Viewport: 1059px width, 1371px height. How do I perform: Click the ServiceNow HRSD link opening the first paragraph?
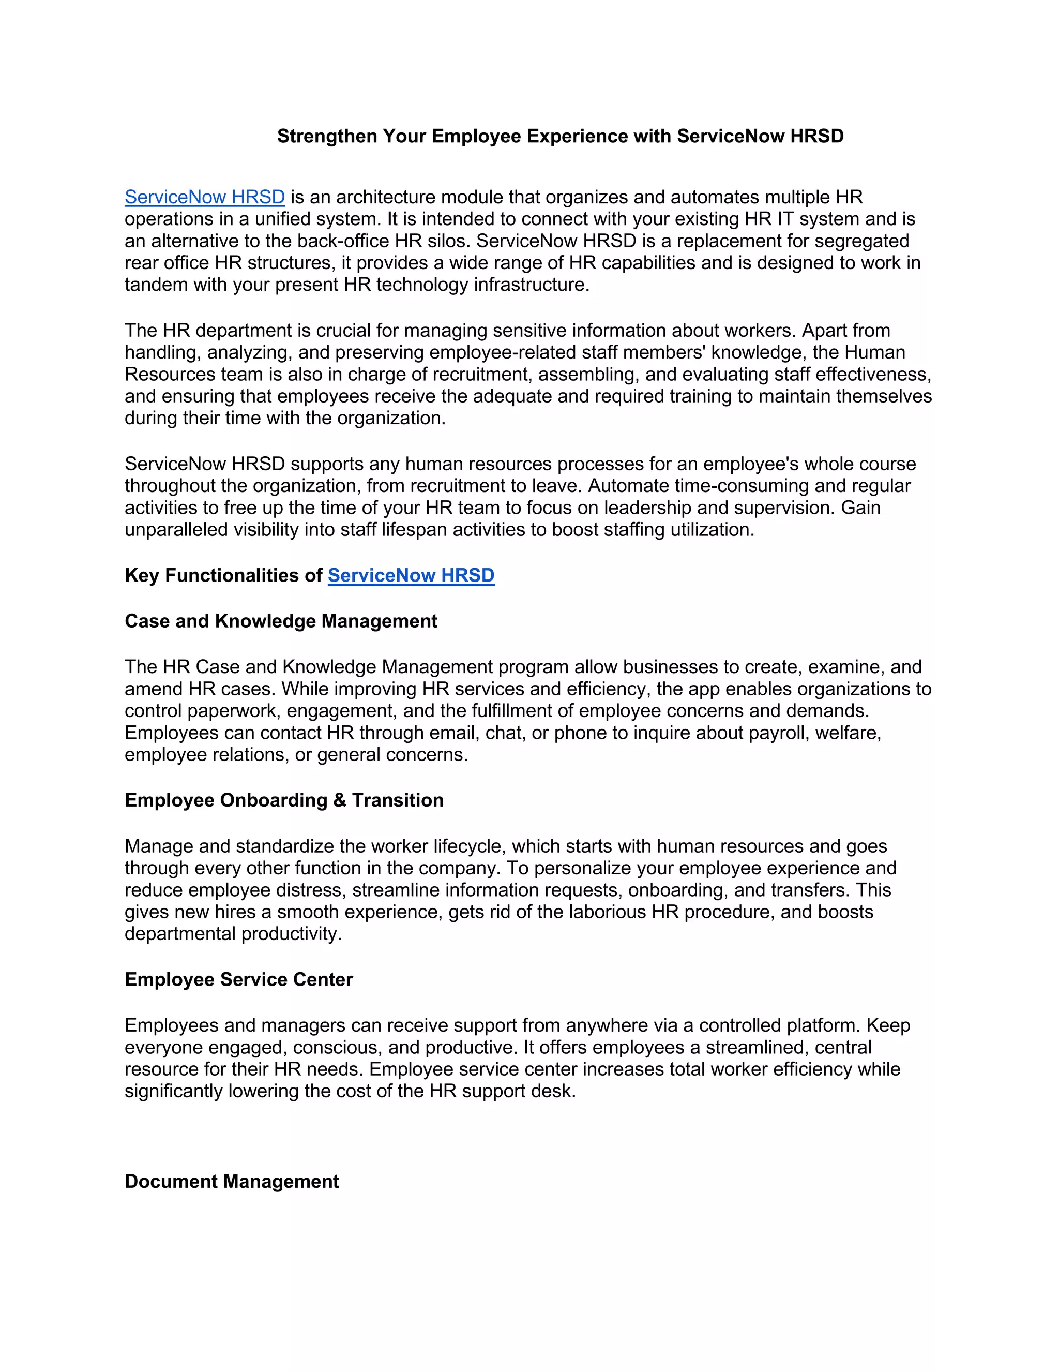click(205, 197)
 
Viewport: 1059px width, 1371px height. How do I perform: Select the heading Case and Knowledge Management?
click(281, 621)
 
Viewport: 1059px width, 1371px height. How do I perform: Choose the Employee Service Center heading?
click(238, 979)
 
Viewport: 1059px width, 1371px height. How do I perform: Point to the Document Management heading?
click(232, 1182)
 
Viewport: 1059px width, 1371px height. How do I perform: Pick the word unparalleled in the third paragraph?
click(176, 530)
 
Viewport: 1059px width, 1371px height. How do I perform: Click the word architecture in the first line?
click(385, 197)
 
